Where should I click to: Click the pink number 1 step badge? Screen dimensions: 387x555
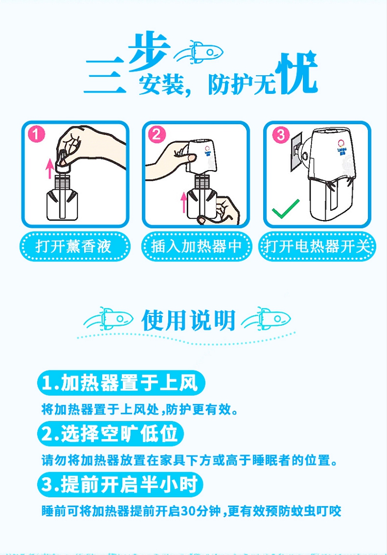37,135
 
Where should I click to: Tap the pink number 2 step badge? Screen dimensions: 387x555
157,135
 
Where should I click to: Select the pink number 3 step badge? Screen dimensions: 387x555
280,135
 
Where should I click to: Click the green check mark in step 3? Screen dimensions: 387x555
286,209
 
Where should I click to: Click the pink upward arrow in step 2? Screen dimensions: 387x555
183,202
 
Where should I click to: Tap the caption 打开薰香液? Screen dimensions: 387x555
73,246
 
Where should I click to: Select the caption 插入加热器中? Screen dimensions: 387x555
196,246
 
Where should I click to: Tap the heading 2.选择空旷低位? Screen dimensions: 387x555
109,433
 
